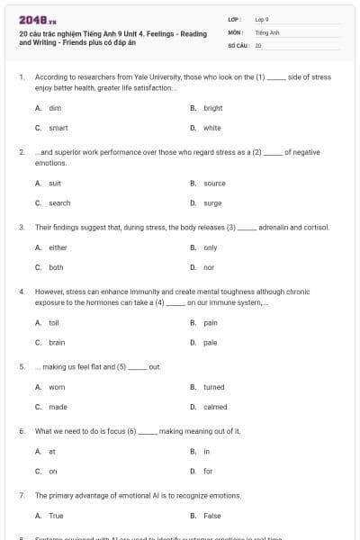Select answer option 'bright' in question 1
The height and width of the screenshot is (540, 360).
(x=212, y=107)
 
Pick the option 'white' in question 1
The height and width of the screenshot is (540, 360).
(x=211, y=128)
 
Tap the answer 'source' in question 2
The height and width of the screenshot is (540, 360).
(x=214, y=183)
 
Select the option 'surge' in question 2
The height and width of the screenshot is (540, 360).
(x=212, y=203)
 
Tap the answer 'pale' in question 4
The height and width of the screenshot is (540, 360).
(x=210, y=343)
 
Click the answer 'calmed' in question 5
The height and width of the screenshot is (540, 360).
(x=215, y=407)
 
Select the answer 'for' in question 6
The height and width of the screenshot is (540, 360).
(x=208, y=471)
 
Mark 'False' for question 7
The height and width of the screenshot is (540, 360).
(x=212, y=516)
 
